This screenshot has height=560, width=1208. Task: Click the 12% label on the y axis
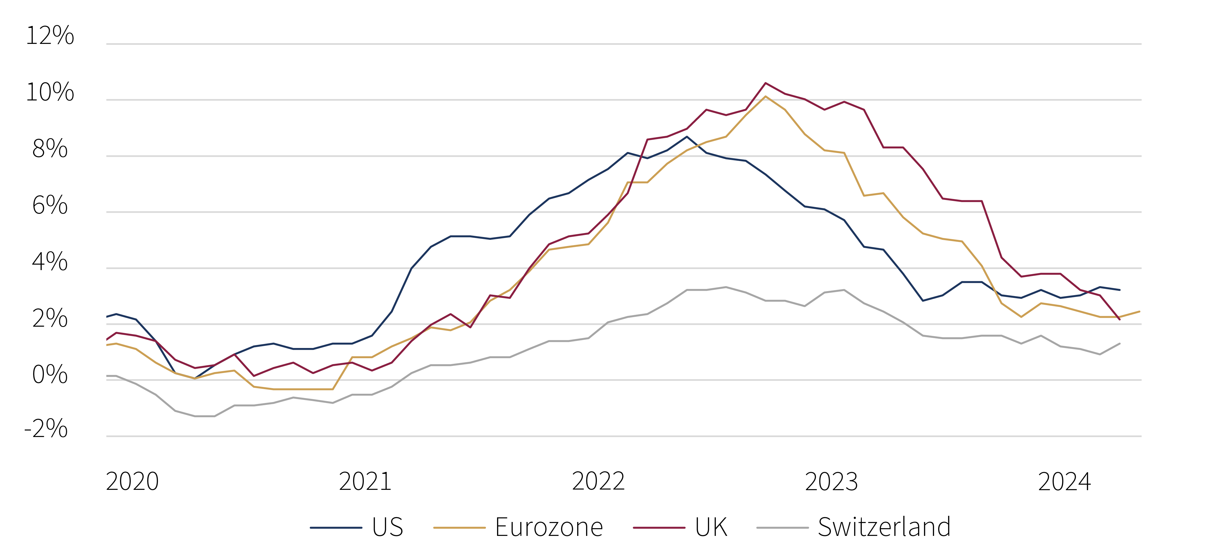(50, 36)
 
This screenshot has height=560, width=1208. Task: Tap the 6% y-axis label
(50, 206)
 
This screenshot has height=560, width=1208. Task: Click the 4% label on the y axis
(50, 262)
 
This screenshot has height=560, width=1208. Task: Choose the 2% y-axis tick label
(50, 318)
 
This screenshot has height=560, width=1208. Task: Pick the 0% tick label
(50, 375)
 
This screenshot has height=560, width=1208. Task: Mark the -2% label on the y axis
(46, 428)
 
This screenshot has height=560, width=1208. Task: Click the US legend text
(387, 527)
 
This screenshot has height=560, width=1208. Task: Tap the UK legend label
(711, 527)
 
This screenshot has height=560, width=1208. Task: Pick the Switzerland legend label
(884, 527)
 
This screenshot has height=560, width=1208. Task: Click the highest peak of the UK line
(765, 83)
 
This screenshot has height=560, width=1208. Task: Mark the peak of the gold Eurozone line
(765, 97)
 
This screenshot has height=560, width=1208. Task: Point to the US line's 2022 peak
(687, 137)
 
